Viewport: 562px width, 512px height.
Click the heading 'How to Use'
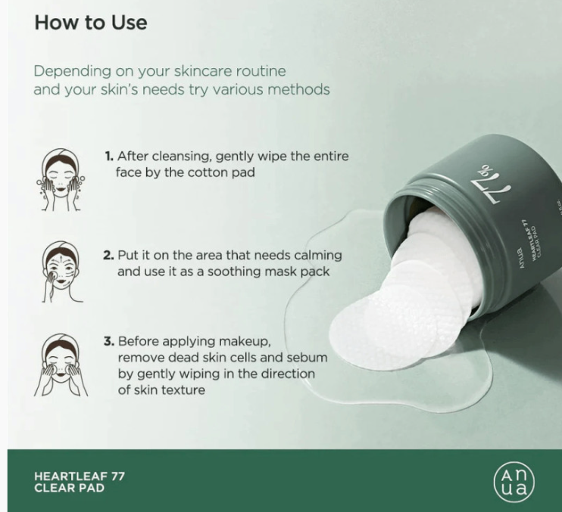point(91,22)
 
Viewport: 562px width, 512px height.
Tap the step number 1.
point(109,157)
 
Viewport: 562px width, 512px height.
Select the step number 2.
point(108,256)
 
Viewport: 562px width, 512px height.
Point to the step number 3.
point(109,341)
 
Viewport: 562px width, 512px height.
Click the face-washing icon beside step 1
point(61,179)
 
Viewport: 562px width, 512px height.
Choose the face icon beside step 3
point(61,365)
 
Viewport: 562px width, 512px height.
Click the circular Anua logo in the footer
point(514,482)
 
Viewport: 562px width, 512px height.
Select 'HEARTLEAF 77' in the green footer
point(80,476)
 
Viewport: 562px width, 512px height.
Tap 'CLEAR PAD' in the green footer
point(69,488)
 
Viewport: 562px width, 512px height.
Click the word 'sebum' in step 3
point(309,358)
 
